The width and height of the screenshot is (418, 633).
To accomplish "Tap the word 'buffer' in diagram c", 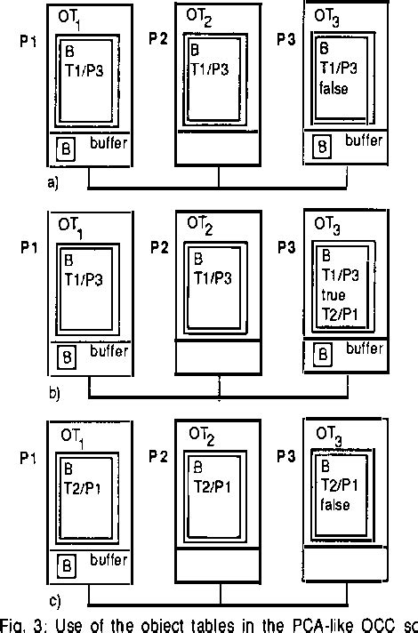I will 109,561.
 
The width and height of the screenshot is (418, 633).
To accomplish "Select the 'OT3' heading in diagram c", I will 331,433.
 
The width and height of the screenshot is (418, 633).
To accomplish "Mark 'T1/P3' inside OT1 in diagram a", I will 82,67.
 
